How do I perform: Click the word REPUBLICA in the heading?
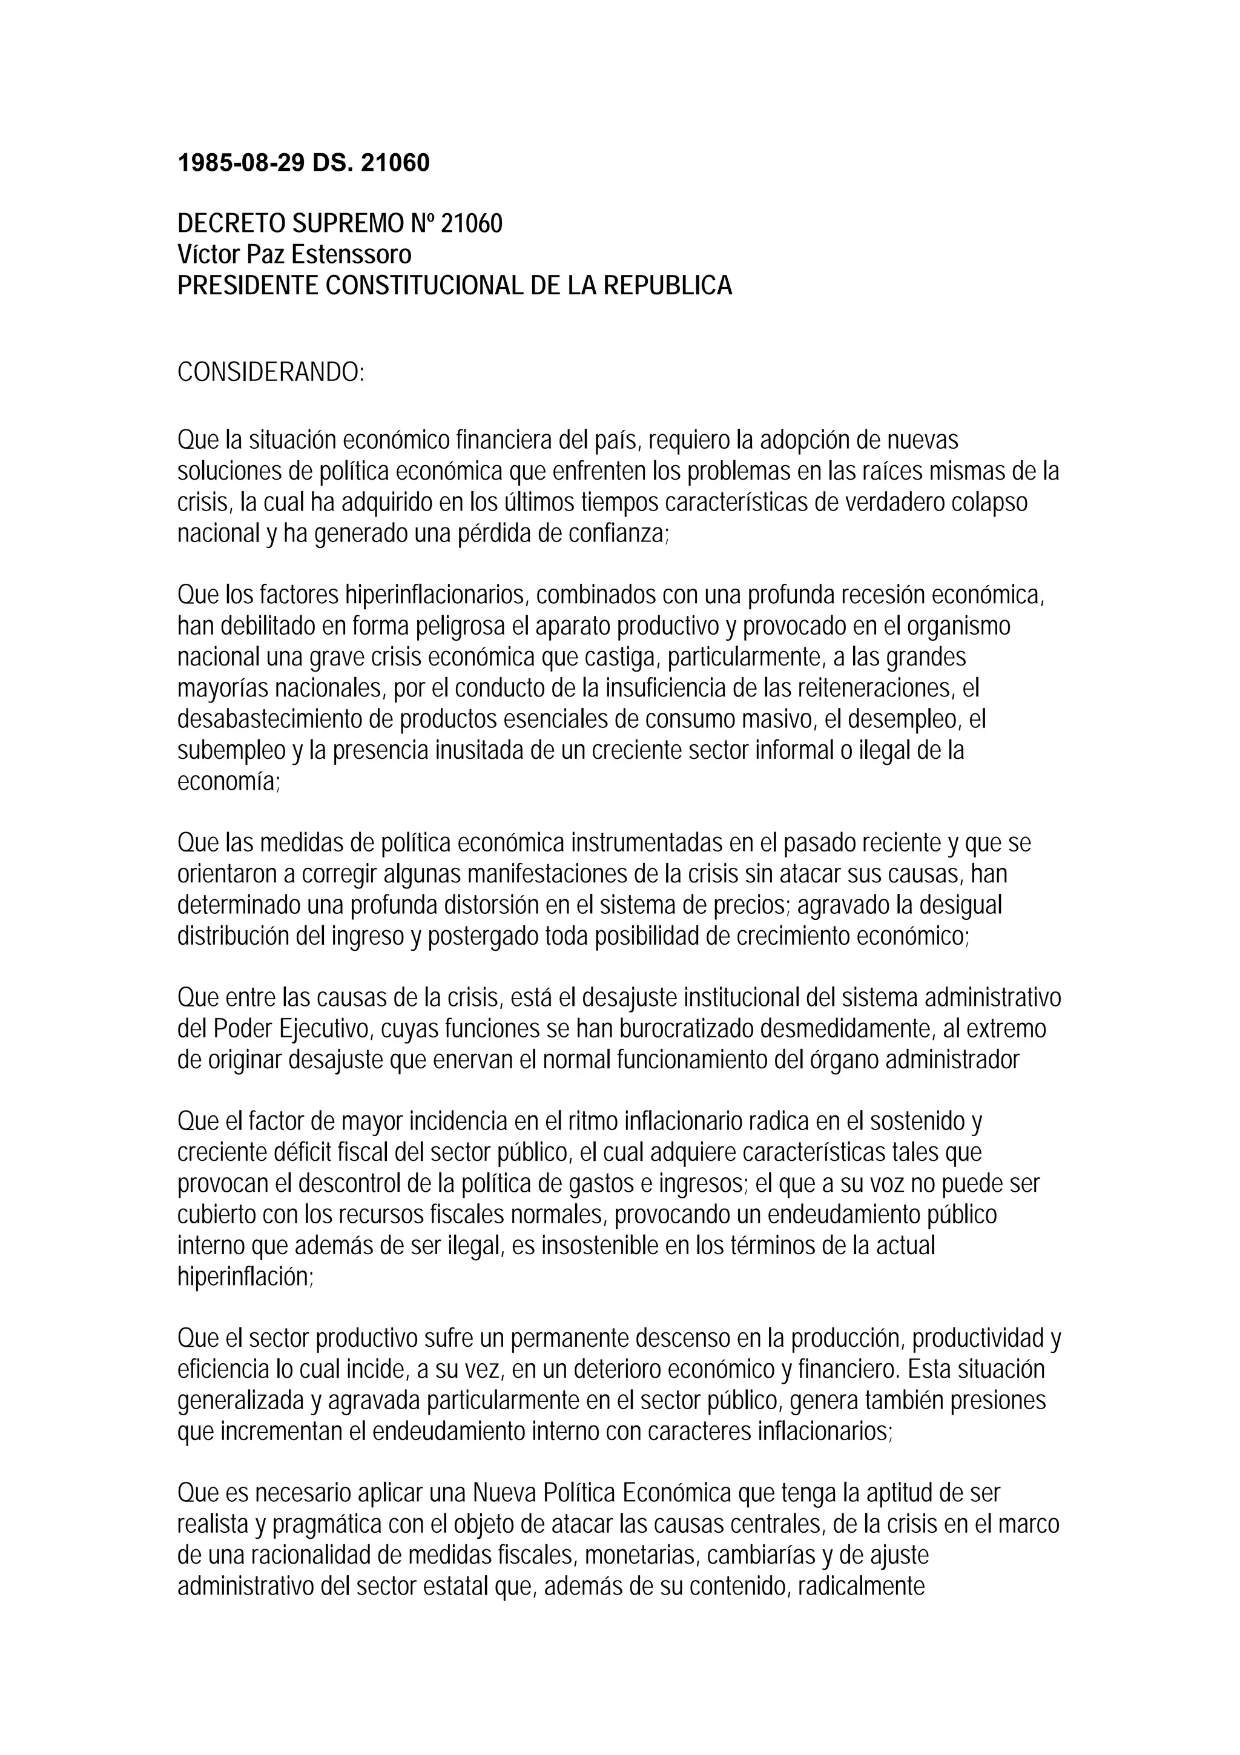667,286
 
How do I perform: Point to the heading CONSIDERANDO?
271,373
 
